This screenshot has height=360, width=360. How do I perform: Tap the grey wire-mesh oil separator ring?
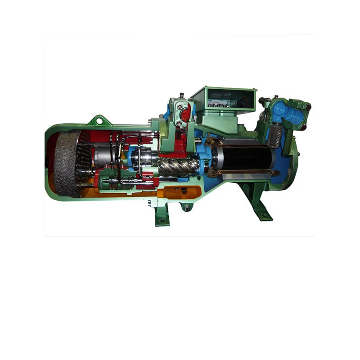(x=66, y=163)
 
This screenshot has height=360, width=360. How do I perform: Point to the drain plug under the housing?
(x=185, y=207)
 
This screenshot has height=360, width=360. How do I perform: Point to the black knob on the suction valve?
(x=308, y=107)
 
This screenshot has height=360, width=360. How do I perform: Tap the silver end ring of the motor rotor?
(x=216, y=157)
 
